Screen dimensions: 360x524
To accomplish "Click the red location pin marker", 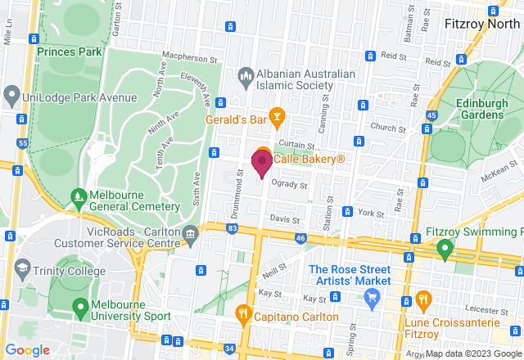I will coord(262,162).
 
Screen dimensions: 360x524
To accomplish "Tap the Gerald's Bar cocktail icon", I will coord(278,119).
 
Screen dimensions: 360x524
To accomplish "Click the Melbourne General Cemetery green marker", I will coord(79,197).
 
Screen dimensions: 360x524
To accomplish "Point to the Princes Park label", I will coord(69,51).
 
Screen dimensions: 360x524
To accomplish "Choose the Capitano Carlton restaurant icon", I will coord(243,313).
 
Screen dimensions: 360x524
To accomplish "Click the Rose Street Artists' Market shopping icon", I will coord(373,296).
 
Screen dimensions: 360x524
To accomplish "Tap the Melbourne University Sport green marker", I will coord(80,309).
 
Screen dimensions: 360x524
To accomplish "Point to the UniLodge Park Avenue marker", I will coord(11,97).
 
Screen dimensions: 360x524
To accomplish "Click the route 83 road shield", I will coord(233,227).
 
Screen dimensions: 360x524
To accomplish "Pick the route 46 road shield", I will coord(300,238).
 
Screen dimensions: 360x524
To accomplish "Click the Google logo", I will coord(27,350).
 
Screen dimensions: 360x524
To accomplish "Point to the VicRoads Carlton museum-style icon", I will coord(190,235).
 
